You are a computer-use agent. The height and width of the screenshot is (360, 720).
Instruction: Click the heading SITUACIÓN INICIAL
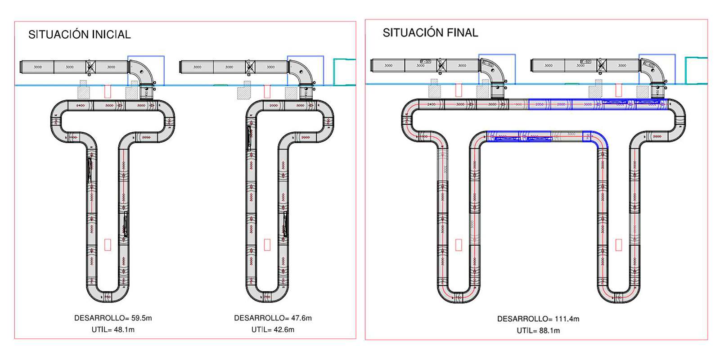tap(79, 35)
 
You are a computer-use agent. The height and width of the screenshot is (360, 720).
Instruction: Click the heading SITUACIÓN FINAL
tap(430, 33)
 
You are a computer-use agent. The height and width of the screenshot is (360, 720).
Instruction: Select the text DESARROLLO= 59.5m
tap(113, 318)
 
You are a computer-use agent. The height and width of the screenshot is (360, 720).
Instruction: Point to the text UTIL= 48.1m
tap(113, 330)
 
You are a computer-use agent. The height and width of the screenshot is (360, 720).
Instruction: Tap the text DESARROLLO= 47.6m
tap(273, 318)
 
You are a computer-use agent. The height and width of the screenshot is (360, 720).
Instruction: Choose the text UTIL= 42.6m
tap(273, 330)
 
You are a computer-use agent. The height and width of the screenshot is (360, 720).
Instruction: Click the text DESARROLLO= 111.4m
tap(538, 319)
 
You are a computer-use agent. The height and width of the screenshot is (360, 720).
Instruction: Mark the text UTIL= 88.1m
tap(538, 331)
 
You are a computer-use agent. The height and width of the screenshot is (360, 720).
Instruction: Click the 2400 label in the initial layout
tap(80, 105)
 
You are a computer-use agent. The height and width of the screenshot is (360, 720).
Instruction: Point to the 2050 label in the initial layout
tap(146, 137)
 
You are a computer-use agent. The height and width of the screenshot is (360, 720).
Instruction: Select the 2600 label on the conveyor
tap(274, 105)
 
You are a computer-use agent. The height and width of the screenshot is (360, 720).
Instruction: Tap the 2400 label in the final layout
tap(431, 104)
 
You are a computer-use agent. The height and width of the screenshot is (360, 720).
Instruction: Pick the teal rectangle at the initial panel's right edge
tap(344, 72)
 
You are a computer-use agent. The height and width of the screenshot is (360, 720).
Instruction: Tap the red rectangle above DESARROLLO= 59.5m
tap(108, 244)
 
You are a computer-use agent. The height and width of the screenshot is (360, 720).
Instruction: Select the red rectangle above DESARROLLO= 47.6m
tap(267, 244)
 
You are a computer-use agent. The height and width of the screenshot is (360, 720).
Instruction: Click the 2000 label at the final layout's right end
tap(657, 136)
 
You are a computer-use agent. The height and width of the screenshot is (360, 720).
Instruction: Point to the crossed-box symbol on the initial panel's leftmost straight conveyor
tap(90, 67)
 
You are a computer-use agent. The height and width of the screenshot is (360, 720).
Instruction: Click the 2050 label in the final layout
tap(539, 104)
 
